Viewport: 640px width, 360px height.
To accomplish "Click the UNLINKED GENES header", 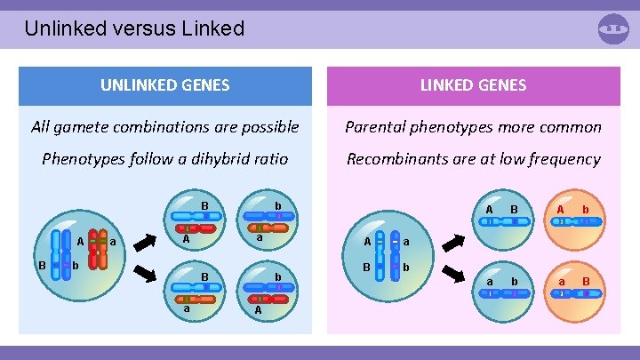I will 165,86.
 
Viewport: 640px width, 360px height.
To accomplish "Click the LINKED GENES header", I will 473,86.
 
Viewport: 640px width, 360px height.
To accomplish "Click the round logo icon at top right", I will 613,28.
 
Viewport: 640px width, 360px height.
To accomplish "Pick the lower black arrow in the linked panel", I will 452,271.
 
